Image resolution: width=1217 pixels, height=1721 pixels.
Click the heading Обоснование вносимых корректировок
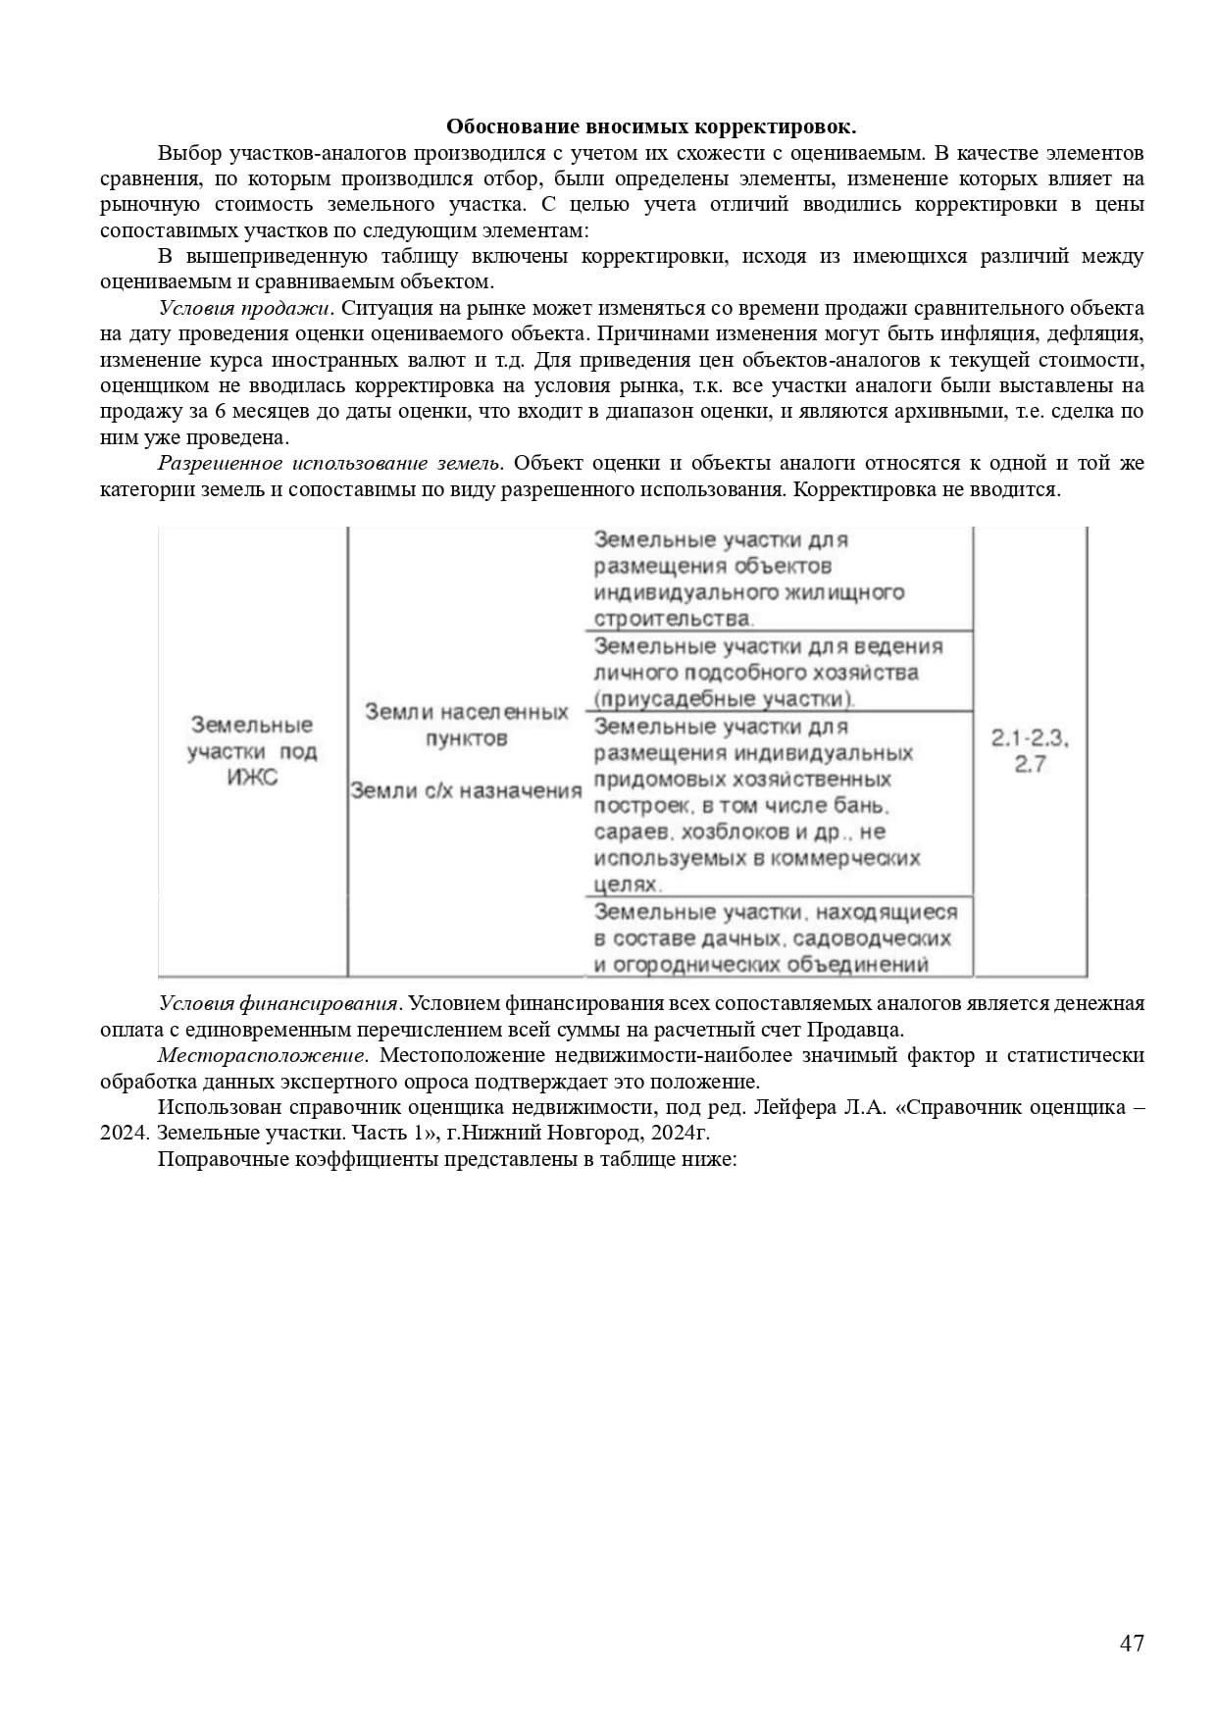(651, 127)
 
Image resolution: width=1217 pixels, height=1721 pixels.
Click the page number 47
(1132, 1644)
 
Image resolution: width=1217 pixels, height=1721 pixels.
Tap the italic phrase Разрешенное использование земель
(330, 463)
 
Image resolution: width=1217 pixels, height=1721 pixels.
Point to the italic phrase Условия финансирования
(279, 1003)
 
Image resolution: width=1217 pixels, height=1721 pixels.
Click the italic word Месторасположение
(262, 1055)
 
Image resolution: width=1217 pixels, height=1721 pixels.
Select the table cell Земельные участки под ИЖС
(252, 751)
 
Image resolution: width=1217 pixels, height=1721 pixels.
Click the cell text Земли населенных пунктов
(466, 725)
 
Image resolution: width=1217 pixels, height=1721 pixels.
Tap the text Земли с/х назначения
(466, 790)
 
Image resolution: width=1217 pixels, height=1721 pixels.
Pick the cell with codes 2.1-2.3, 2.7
(1030, 751)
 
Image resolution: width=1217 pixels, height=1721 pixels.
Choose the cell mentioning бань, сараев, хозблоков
(756, 805)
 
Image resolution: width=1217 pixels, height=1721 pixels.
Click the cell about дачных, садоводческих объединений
(774, 938)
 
